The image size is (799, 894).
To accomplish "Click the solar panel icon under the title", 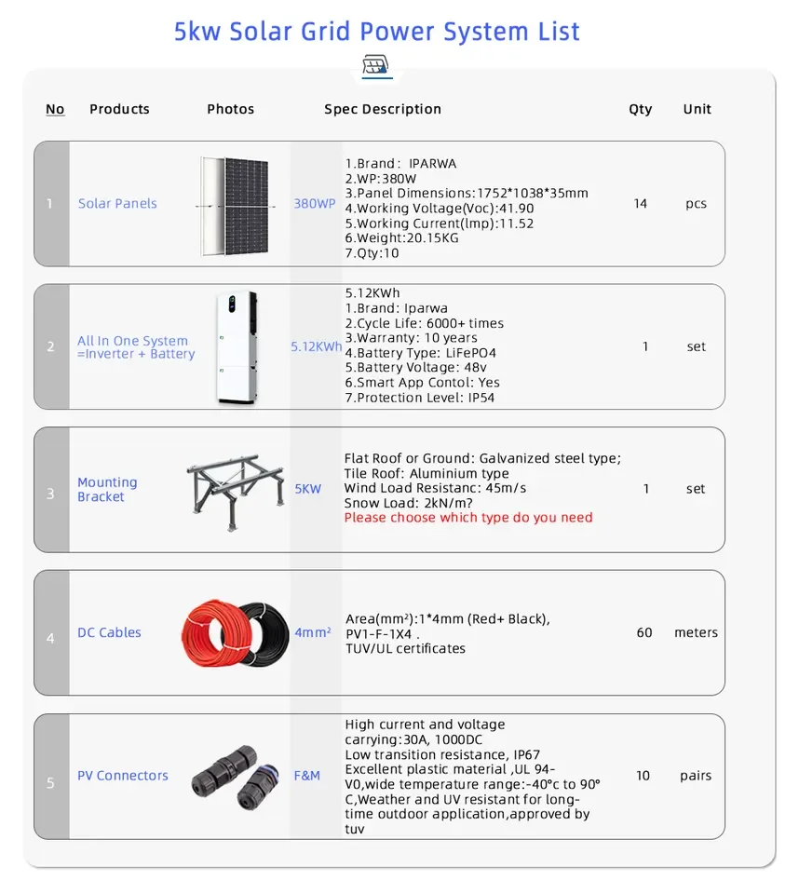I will click(376, 66).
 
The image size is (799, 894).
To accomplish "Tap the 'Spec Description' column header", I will click(383, 109).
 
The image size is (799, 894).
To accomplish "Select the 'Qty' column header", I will click(640, 109).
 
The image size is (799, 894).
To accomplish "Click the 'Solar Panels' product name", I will click(117, 203).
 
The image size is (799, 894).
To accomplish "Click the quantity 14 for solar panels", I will click(640, 203).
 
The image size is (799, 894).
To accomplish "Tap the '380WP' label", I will click(315, 203).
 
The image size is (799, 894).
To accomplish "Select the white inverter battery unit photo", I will click(236, 347).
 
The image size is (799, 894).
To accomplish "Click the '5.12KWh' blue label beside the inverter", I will click(316, 346).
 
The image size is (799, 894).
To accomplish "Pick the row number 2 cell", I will click(51, 346).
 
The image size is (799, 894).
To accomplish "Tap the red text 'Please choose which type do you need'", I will click(468, 518).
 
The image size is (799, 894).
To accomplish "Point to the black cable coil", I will click(264, 633).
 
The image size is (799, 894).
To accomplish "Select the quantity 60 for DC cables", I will click(644, 632).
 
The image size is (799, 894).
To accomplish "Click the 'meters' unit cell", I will click(696, 632).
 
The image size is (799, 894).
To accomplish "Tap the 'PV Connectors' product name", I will click(123, 776).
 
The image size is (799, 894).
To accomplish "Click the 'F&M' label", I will click(307, 776).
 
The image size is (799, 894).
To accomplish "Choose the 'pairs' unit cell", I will click(696, 776).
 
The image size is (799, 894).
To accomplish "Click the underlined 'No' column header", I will click(55, 109).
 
